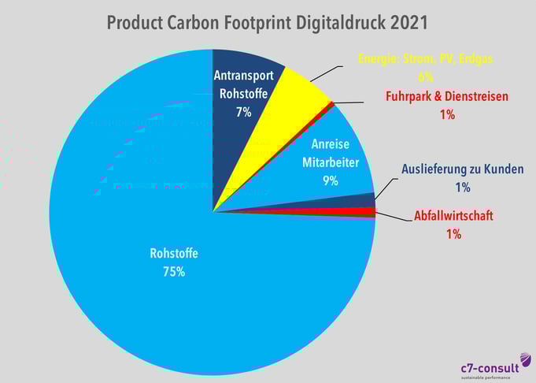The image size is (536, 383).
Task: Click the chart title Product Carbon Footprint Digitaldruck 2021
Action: point(268,22)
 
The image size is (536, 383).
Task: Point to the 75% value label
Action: point(174,272)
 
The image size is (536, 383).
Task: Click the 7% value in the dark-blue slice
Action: point(244,112)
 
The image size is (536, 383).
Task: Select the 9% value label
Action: point(330,180)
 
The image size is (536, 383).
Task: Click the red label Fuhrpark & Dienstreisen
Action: point(447,96)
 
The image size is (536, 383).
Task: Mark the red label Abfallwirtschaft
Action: point(453,215)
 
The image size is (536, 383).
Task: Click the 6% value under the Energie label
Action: point(426,77)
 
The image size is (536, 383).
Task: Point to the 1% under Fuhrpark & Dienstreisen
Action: point(447,114)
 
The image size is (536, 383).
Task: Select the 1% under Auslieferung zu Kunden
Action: point(462,187)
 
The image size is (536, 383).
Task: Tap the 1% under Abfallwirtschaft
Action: point(453,233)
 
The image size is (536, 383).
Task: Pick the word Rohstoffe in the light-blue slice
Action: point(174,254)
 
